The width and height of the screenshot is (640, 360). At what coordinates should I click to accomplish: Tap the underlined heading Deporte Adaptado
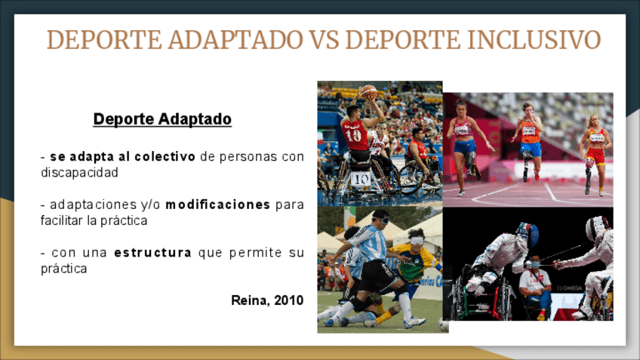point(162,119)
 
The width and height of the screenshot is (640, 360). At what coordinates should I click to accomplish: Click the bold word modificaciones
point(217,204)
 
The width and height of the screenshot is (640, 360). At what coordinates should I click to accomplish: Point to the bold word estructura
point(152,253)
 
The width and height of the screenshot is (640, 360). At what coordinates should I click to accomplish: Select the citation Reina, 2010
point(267,300)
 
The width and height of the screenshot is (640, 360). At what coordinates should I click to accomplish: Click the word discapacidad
point(79,173)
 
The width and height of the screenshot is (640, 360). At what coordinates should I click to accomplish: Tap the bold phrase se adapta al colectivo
point(122,156)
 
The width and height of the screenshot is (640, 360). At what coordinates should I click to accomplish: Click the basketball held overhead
point(368,92)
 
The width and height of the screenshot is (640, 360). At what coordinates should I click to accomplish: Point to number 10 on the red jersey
point(353,134)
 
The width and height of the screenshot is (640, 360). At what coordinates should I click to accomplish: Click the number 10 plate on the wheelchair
point(361,179)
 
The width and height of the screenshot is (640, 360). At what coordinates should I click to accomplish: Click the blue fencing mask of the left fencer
point(530,235)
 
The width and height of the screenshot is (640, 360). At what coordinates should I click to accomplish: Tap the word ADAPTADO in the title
point(235,40)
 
